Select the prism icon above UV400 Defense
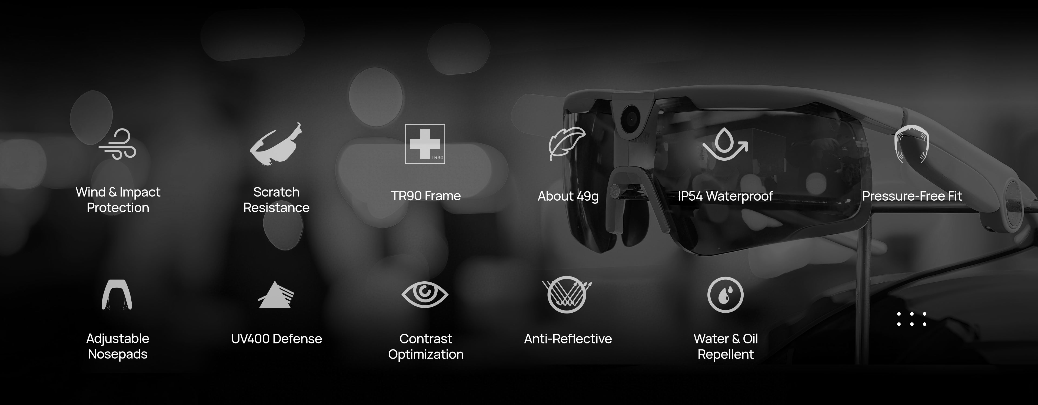click(x=276, y=295)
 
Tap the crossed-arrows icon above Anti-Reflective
click(x=567, y=295)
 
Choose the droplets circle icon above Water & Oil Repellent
click(x=725, y=295)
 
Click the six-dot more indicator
click(x=911, y=319)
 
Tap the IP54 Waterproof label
click(x=725, y=196)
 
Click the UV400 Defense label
click(x=277, y=339)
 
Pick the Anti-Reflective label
click(x=568, y=339)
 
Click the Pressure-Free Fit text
click(x=912, y=196)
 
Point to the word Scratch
click(x=277, y=192)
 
